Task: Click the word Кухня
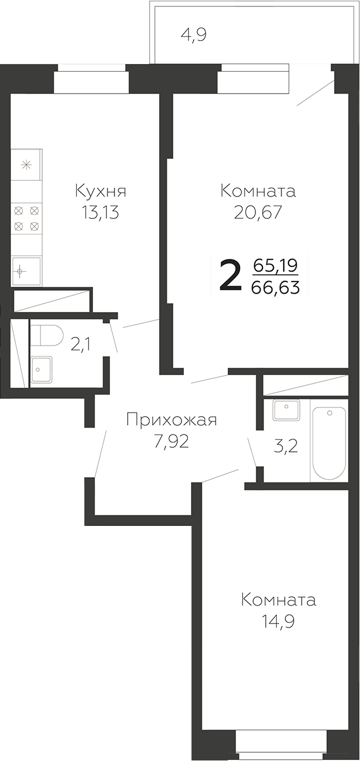(101, 191)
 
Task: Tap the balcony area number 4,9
(194, 35)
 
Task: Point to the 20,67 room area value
(258, 213)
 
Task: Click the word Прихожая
(171, 420)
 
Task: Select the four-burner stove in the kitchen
(27, 218)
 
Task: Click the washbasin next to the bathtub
(286, 411)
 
